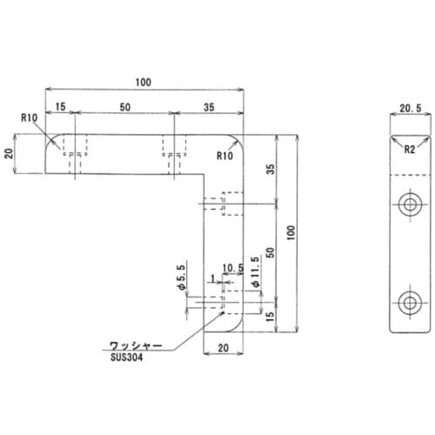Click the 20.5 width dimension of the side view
pos(411,109)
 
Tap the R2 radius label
pos(410,150)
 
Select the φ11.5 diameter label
pos(256,271)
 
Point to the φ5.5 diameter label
pos(182,278)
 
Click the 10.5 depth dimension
pos(233,268)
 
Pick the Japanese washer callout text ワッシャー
pos(136,345)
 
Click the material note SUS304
pos(126,358)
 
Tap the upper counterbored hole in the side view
pos(410,204)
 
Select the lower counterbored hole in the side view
pos(410,304)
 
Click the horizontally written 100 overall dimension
pos(144,83)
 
